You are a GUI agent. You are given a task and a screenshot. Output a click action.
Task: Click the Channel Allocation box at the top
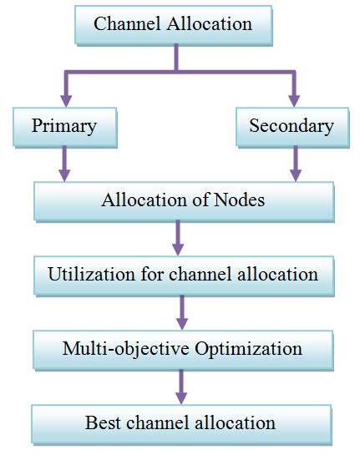click(x=173, y=24)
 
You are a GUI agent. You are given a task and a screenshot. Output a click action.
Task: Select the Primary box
click(x=63, y=127)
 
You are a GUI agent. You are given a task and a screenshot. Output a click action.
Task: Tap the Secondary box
click(x=292, y=127)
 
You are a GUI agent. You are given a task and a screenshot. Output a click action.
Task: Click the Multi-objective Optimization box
click(x=181, y=347)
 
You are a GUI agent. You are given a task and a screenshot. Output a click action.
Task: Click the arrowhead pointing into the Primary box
click(x=63, y=99)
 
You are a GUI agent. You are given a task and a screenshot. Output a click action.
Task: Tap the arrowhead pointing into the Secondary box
click(x=293, y=99)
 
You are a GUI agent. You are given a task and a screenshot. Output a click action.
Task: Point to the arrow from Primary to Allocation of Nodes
click(x=63, y=164)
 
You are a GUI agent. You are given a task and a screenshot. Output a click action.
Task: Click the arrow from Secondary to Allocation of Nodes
click(x=293, y=164)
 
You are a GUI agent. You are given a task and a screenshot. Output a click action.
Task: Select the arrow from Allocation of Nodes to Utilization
click(x=177, y=238)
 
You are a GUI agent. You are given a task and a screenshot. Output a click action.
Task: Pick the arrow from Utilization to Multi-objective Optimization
click(x=180, y=311)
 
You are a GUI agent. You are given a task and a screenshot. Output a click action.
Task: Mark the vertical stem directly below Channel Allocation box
click(x=176, y=58)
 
